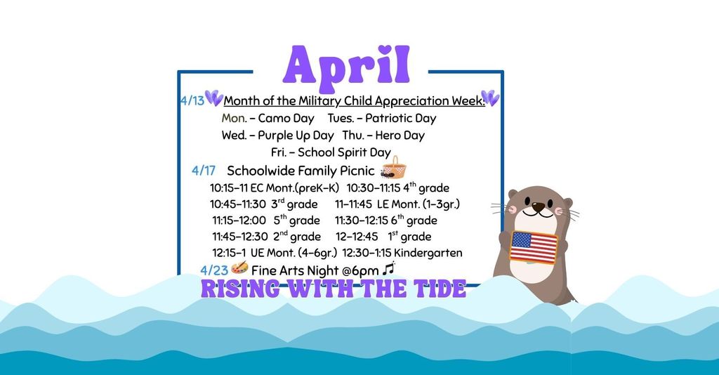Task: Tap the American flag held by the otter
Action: pyautogui.click(x=533, y=247)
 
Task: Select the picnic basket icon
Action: pyautogui.click(x=395, y=169)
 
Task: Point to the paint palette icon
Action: pyautogui.click(x=239, y=269)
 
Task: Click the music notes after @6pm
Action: pyautogui.click(x=389, y=269)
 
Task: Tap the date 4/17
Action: pyautogui.click(x=203, y=171)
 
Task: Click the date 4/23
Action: pyautogui.click(x=213, y=270)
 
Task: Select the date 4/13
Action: pyautogui.click(x=192, y=101)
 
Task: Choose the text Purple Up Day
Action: pyautogui.click(x=296, y=136)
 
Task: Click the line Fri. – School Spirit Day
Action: pyautogui.click(x=331, y=152)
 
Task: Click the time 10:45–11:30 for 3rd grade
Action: pyautogui.click(x=237, y=204)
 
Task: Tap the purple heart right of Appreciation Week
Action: pyautogui.click(x=490, y=98)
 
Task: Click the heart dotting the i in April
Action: pyautogui.click(x=383, y=50)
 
